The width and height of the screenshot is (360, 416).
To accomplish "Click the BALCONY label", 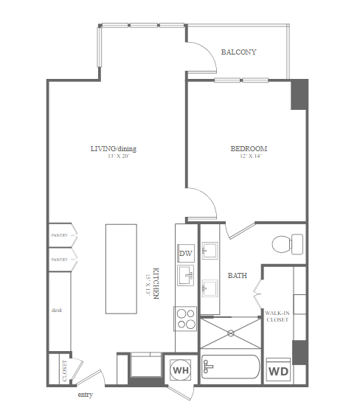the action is point(239,52).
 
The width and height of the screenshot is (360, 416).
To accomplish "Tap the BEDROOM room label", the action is point(249,148).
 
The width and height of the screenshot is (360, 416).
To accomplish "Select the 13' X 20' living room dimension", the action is point(118,156).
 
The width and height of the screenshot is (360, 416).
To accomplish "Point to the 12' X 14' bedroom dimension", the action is point(251,156).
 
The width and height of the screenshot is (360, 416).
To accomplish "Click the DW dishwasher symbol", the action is point(186,254).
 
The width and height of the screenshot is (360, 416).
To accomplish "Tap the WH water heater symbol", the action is point(181,370).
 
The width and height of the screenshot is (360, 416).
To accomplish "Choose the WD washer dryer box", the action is point(278,370).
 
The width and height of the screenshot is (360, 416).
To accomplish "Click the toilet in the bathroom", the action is point(288,244).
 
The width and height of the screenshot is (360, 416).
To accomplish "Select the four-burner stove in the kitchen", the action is point(185,319).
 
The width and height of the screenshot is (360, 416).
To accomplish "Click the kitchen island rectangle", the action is point(121,269).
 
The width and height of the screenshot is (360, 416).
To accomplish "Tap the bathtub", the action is point(230,367).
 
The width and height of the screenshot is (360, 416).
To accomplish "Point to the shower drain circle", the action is point(231,333).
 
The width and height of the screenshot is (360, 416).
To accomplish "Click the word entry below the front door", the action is point(86,395).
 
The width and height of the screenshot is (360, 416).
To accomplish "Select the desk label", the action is point(57,310).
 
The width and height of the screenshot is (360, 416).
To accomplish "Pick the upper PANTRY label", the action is point(60,235).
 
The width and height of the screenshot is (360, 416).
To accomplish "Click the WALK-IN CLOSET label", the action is point(277,316).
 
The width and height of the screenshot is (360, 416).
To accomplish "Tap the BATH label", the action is point(238,276).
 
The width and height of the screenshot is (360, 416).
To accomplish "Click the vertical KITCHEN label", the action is point(156,283).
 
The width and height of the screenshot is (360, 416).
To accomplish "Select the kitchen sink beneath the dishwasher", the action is point(185,275).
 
